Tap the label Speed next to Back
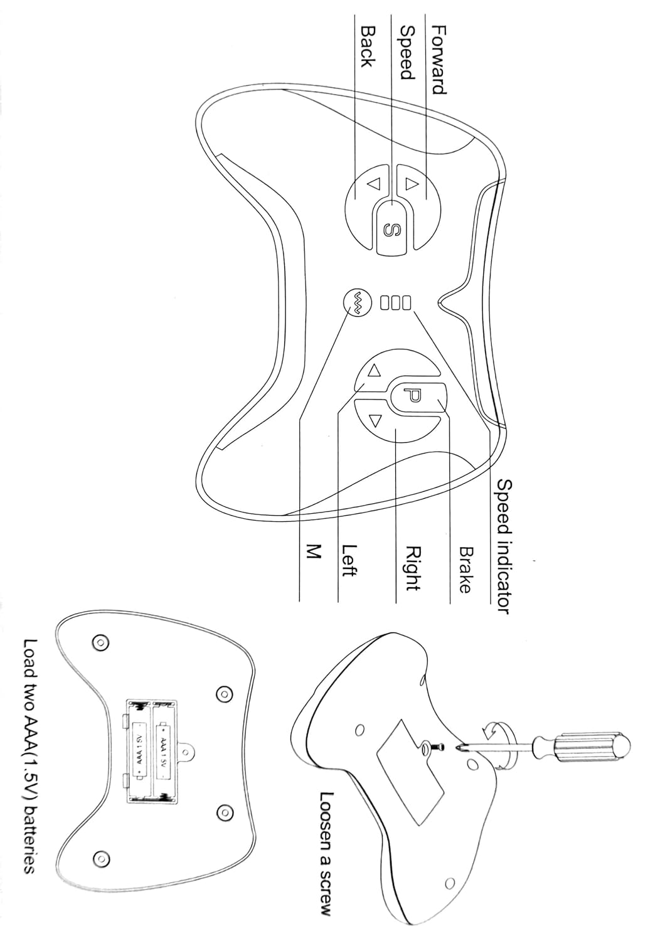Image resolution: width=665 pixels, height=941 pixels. (407, 53)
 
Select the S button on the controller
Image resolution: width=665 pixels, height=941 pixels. (393, 227)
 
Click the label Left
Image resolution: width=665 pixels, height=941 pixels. (349, 560)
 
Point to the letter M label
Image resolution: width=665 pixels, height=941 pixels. (314, 551)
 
